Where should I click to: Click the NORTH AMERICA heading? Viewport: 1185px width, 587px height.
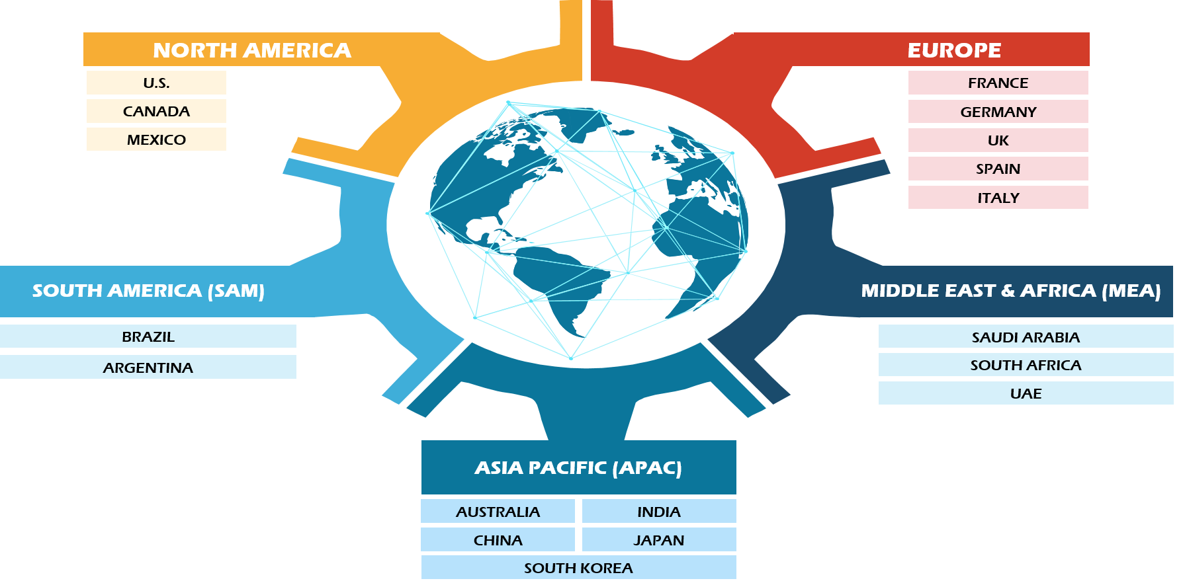[x=252, y=50]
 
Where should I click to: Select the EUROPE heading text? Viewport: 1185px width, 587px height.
[x=954, y=50]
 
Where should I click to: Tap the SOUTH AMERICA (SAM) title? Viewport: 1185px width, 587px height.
[x=148, y=291]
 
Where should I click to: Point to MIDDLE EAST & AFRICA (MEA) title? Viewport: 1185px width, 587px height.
[x=1011, y=291]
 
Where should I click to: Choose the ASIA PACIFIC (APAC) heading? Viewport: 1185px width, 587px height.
[x=578, y=468]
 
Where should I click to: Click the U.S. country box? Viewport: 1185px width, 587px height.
[x=156, y=83]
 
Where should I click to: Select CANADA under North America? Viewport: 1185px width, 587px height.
[x=156, y=111]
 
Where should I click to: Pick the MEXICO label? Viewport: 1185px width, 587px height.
[x=156, y=139]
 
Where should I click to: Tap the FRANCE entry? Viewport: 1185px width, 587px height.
[x=998, y=83]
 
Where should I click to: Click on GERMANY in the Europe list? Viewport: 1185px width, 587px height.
[x=998, y=112]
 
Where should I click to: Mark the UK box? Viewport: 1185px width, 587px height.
[x=998, y=140]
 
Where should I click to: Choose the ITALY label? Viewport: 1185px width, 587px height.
[x=998, y=198]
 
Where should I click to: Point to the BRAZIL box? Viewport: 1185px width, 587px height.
[x=148, y=336]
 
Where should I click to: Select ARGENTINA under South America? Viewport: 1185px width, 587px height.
[x=148, y=368]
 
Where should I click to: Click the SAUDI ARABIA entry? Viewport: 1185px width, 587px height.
[x=1026, y=337]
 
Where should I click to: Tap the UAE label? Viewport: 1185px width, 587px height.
[x=1026, y=393]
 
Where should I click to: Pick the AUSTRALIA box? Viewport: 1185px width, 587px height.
[x=498, y=512]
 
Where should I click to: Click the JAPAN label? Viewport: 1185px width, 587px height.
[x=659, y=540]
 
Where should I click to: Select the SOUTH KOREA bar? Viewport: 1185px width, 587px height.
[x=578, y=568]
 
